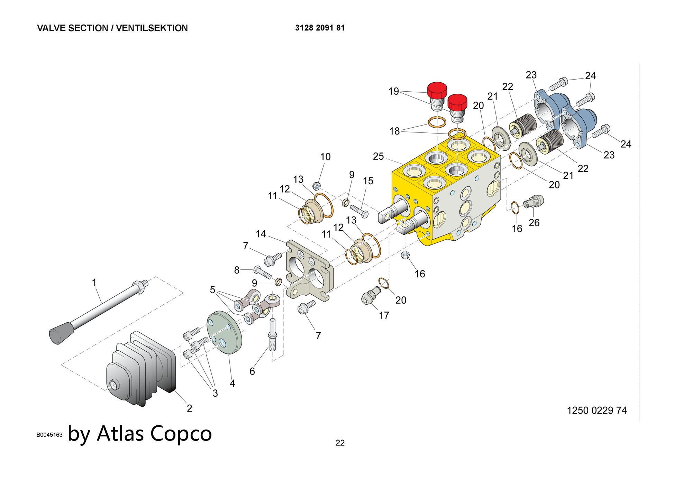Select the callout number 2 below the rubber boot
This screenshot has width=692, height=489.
click(189, 408)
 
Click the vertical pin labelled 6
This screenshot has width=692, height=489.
click(272, 335)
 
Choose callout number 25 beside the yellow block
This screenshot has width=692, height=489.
click(379, 157)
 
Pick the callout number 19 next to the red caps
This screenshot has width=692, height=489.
click(394, 91)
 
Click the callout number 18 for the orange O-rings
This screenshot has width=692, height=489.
click(394, 131)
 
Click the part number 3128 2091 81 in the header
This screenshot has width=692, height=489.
click(320, 28)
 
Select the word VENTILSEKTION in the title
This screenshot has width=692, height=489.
click(152, 28)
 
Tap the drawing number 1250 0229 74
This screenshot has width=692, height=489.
click(597, 410)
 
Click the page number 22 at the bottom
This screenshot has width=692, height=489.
click(340, 443)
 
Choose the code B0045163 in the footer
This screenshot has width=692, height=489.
click(49, 435)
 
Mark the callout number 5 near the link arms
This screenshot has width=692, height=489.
click(212, 290)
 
